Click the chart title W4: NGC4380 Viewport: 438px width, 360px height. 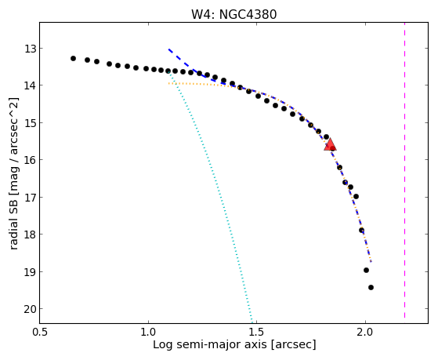(233, 14)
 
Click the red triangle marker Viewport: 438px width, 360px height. (330, 144)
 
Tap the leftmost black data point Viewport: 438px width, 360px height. (73, 59)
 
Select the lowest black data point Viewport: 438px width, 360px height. (371, 287)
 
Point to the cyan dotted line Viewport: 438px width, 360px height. (210, 196)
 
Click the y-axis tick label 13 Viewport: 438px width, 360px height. (31, 49)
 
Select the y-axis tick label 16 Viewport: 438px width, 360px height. (31, 160)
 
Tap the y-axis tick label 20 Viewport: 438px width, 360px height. (31, 309)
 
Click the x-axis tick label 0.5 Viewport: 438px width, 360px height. (40, 332)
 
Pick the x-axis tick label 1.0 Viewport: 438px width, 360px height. (148, 332)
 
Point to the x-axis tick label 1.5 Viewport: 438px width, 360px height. (257, 332)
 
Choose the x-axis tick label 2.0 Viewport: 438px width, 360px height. (365, 332)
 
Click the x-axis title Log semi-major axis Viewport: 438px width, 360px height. (210, 345)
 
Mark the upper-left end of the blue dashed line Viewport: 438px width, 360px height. (168, 49)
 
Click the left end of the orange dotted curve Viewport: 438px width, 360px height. (168, 83)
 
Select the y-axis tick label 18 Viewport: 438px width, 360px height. (31, 235)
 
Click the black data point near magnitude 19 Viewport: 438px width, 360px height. (366, 271)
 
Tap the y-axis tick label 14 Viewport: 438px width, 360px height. (31, 85)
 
